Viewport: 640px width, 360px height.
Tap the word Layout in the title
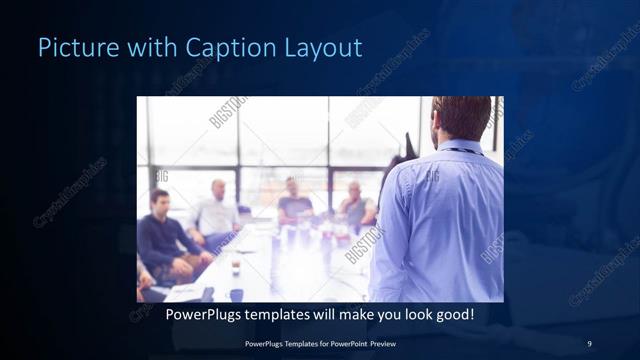[x=326, y=47]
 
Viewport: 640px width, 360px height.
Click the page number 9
[x=589, y=344]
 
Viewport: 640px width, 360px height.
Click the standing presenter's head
[x=462, y=117]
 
